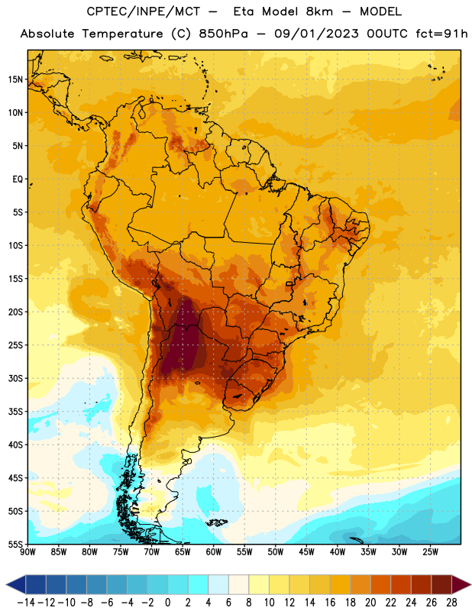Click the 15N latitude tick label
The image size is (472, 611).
tap(15, 79)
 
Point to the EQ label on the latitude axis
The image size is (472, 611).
tap(18, 179)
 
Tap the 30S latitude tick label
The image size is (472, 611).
tap(15, 378)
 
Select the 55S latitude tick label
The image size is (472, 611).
tap(15, 544)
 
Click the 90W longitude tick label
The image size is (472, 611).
tap(28, 552)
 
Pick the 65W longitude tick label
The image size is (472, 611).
tap(183, 552)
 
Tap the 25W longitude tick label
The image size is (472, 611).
tap(430, 552)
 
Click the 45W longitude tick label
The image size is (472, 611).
tap(306, 552)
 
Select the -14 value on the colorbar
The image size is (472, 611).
tap(26, 603)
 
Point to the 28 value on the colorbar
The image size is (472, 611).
tap(451, 603)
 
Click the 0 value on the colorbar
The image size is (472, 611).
tap(167, 603)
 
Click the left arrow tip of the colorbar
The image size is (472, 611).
tap(6, 584)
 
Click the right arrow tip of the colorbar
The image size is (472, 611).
tap(470, 584)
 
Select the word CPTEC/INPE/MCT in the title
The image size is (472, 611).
tap(143, 11)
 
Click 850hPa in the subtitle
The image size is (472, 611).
tap(223, 34)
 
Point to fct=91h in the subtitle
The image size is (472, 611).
tap(441, 34)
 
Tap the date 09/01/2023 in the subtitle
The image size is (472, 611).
tap(316, 34)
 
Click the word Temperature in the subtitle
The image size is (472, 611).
tap(122, 34)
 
